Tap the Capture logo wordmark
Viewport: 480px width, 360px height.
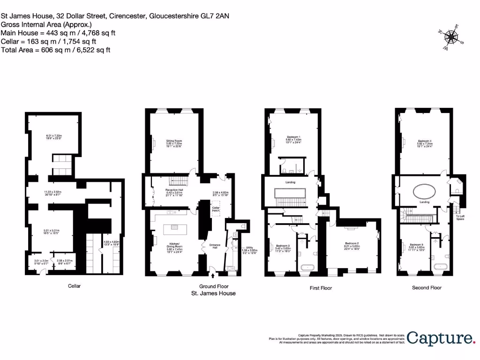pyautogui.click(x=440, y=338)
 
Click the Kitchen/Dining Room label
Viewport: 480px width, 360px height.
pyautogui.click(x=173, y=247)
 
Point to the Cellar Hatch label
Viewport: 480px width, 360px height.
pyautogui.click(x=216, y=209)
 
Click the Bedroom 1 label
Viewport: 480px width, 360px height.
pyautogui.click(x=293, y=139)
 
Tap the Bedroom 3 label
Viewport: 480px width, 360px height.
pyautogui.click(x=283, y=247)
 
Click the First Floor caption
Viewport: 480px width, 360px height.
pyautogui.click(x=321, y=288)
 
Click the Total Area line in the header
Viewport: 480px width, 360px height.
pyautogui.click(x=56, y=50)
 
